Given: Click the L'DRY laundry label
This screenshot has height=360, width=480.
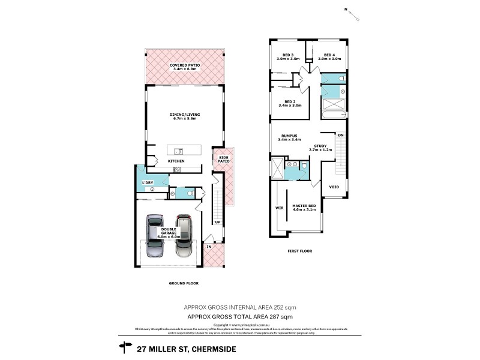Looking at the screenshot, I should (147, 182).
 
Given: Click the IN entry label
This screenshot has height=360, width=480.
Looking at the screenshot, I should (209, 247).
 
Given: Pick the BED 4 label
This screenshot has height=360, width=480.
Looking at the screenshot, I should (329, 56).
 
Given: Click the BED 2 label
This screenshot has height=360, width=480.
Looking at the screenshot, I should (290, 103).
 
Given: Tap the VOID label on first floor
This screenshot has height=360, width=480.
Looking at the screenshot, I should (334, 187).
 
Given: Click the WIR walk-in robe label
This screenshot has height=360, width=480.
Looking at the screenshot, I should (278, 208).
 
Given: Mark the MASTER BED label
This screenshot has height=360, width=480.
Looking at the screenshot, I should (304, 207).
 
